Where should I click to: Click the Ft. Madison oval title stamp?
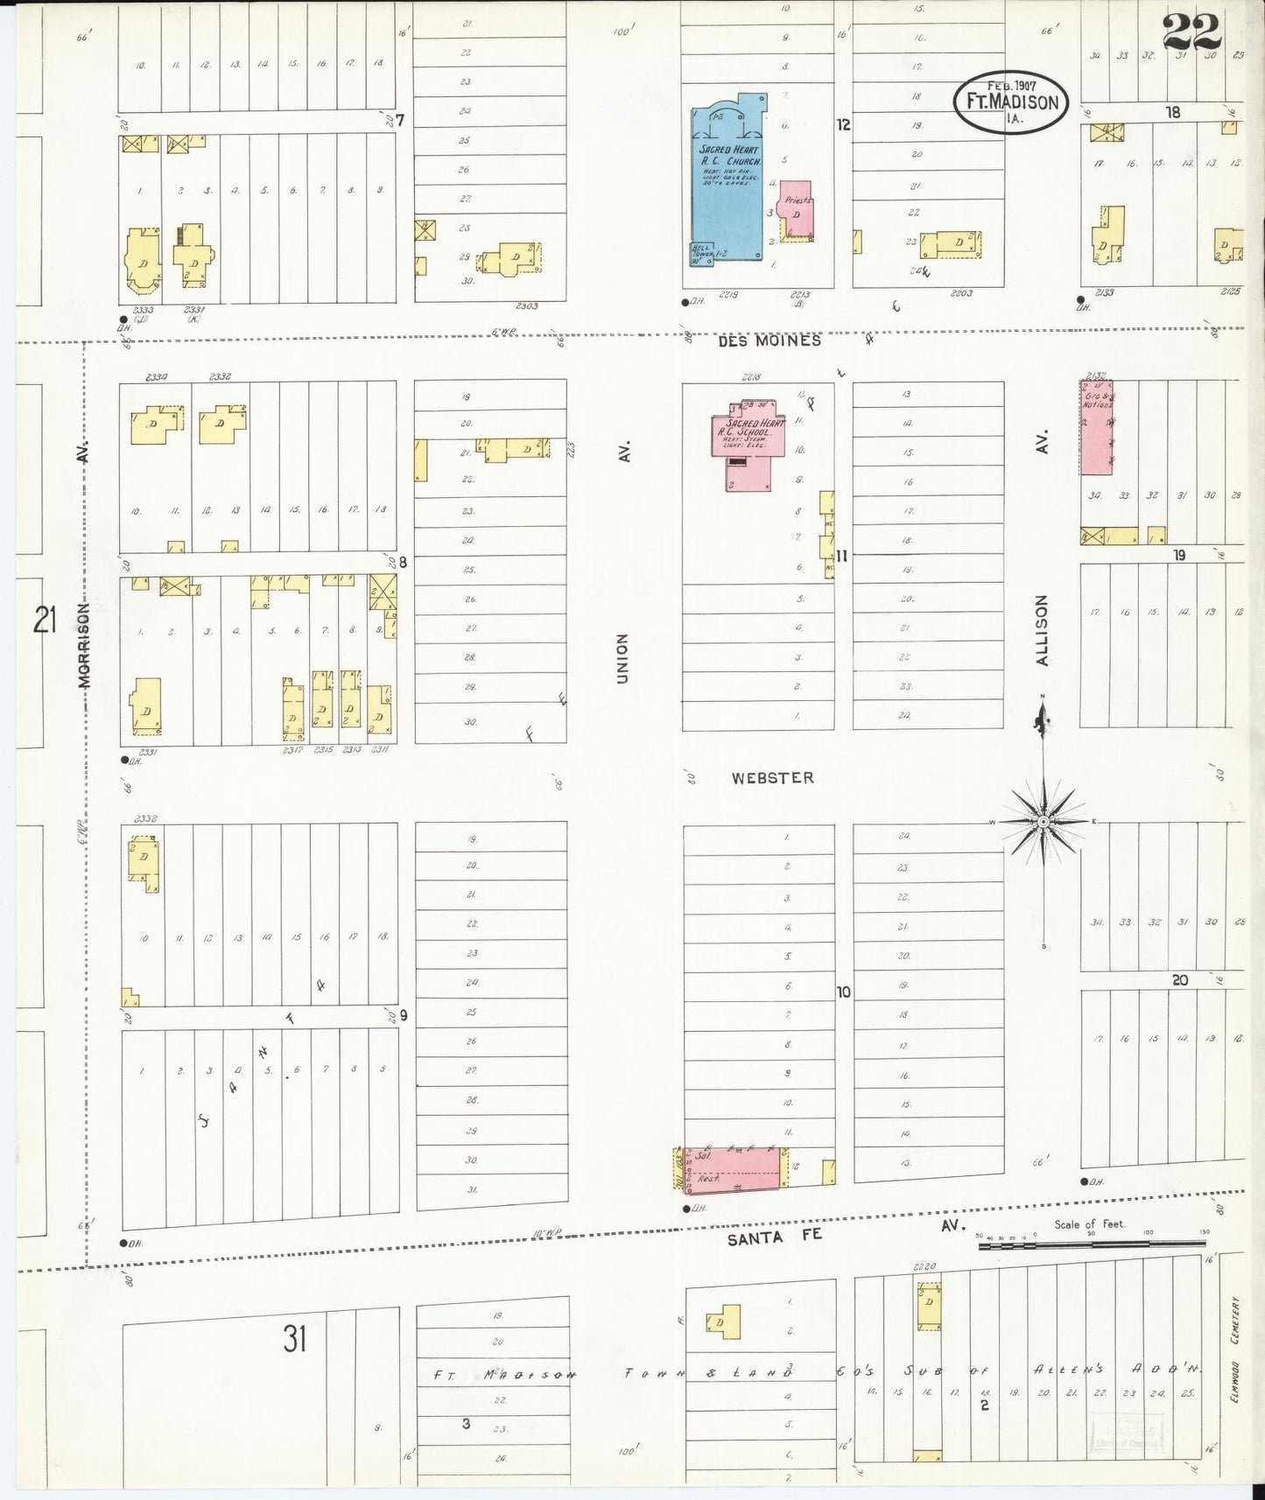tap(1011, 102)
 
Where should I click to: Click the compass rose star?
tap(1043, 823)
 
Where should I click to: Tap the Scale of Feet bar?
tap(1091, 1241)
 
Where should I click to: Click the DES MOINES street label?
tap(770, 341)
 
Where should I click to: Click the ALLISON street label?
tap(1042, 630)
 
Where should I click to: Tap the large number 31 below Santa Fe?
tap(294, 1339)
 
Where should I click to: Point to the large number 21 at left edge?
tap(44, 621)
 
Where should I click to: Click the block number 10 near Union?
tap(843, 992)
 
